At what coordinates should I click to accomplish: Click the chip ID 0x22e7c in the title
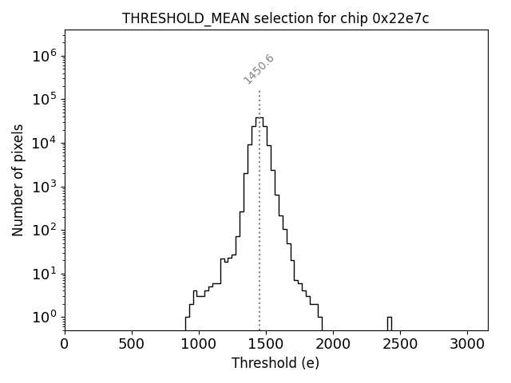401,19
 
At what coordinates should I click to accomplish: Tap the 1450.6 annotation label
259,69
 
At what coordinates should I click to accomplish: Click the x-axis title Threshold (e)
275,363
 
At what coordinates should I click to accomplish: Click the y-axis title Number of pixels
18,180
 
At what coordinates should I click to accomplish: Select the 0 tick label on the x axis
65,345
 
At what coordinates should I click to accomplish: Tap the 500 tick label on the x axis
132,345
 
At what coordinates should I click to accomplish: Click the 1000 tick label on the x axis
199,345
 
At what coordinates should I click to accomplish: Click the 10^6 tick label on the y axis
45,57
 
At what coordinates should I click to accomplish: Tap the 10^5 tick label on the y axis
45,100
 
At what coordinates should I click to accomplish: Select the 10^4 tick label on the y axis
45,144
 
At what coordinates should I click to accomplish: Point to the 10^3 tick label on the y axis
45,187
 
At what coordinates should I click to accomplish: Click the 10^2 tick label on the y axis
45,231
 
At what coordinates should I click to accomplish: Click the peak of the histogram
259,118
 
